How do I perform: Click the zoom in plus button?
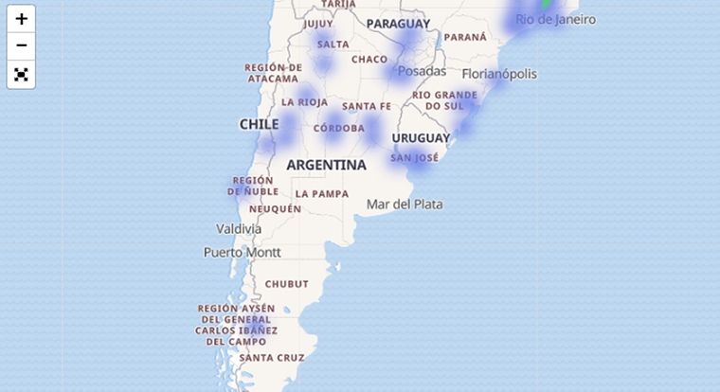click(x=21, y=19)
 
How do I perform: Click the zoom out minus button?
click(x=21, y=46)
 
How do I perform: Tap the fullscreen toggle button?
click(x=21, y=74)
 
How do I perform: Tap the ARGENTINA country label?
click(x=326, y=165)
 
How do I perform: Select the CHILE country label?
click(x=259, y=124)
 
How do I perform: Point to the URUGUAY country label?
click(x=421, y=138)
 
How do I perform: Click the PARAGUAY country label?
click(x=398, y=24)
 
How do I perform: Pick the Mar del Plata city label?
click(x=405, y=204)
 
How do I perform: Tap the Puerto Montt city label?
click(x=243, y=252)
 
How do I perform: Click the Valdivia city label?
click(x=239, y=228)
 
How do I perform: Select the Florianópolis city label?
click(x=499, y=74)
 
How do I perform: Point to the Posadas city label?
click(x=422, y=71)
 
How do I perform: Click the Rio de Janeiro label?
click(x=555, y=19)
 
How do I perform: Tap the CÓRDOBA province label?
click(x=338, y=128)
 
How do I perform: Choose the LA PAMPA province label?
click(x=322, y=194)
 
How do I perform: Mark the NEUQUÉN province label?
click(x=276, y=208)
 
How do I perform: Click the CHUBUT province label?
click(x=286, y=284)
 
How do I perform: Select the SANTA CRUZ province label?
click(x=272, y=358)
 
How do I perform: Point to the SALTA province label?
click(x=333, y=45)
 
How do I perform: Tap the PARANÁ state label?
click(x=465, y=37)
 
